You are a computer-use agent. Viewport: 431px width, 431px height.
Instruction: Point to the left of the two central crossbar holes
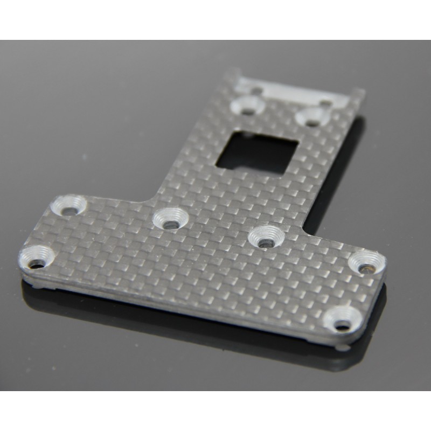169,218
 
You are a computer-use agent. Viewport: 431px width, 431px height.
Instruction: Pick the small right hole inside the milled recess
326,101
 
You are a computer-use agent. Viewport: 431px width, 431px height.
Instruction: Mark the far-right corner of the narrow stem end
364,92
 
